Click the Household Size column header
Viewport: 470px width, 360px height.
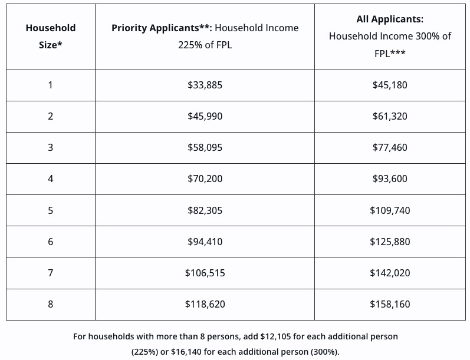[51, 36]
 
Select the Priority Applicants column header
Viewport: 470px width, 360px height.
[205, 36]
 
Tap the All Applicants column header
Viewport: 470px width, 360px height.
[390, 36]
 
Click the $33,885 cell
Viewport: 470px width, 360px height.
[205, 85]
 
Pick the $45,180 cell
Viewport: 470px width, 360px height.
[390, 85]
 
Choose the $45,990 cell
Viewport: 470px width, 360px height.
[205, 116]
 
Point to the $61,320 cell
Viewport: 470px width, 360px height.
[390, 116]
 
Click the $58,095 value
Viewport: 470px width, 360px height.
[205, 147]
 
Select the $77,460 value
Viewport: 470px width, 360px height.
[390, 147]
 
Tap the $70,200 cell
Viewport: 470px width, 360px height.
[205, 179]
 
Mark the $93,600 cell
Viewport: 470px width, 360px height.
[390, 179]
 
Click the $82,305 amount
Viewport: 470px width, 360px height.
[205, 210]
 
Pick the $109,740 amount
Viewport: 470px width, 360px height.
[390, 210]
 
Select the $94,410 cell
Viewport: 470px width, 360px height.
[205, 242]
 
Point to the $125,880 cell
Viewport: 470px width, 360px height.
[390, 242]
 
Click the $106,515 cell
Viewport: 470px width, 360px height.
[205, 273]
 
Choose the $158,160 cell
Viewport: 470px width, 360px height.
[390, 304]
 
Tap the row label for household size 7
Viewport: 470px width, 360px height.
[51, 273]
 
